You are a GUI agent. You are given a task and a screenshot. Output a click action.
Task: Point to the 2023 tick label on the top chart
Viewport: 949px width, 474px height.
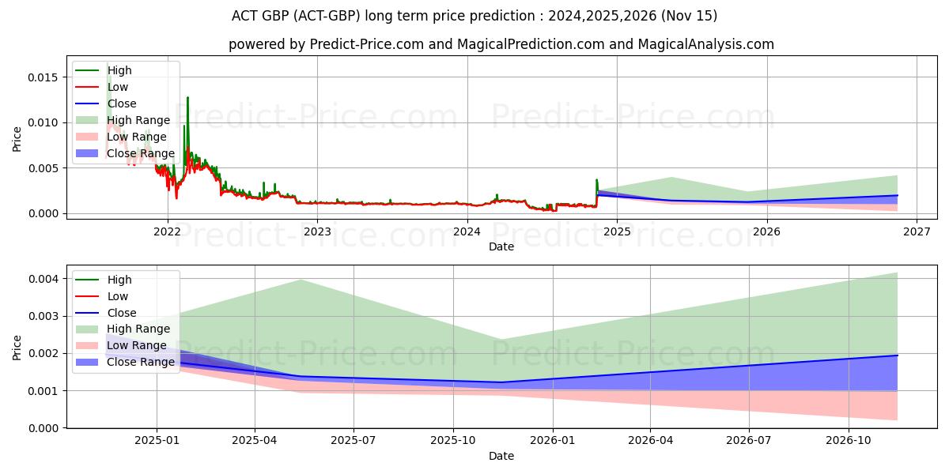317,231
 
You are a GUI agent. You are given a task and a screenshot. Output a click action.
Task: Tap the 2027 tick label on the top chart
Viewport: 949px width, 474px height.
916,231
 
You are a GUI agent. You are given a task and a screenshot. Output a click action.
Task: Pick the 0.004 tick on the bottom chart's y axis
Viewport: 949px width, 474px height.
46,279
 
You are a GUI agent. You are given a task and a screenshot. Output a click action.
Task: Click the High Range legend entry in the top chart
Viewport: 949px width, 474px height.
138,120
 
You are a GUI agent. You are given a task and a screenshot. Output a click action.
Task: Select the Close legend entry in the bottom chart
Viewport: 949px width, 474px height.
122,313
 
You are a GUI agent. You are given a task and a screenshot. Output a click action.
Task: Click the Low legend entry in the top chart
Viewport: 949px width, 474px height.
118,87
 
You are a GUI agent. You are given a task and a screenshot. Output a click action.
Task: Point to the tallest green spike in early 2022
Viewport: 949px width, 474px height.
187,98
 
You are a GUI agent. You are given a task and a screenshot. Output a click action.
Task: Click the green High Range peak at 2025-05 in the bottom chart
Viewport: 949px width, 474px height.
301,280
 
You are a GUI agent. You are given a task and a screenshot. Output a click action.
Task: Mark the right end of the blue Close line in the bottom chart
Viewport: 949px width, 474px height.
897,355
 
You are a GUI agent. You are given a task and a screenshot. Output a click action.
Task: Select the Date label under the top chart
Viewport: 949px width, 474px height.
501,246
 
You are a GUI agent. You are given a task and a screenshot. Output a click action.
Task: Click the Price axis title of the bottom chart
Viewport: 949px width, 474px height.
17,348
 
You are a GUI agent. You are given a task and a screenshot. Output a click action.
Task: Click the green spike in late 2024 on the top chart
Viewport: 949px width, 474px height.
597,181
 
